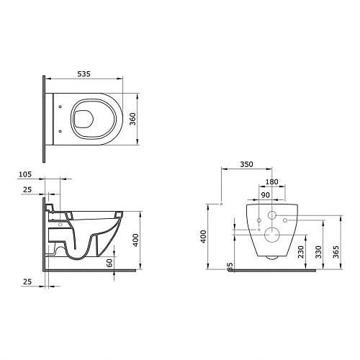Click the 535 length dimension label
pyautogui.click(x=84, y=74)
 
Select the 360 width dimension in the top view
pyautogui.click(x=132, y=119)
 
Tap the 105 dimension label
pyautogui.click(x=25, y=174)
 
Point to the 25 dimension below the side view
pyautogui.click(x=27, y=282)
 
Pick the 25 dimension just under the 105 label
pyautogui.click(x=27, y=189)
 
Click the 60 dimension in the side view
pyautogui.click(x=109, y=263)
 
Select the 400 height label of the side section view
pyautogui.click(x=135, y=240)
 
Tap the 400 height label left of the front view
pyautogui.click(x=204, y=237)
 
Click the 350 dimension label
pyautogui.click(x=246, y=164)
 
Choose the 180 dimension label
pyautogui.click(x=271, y=182)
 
